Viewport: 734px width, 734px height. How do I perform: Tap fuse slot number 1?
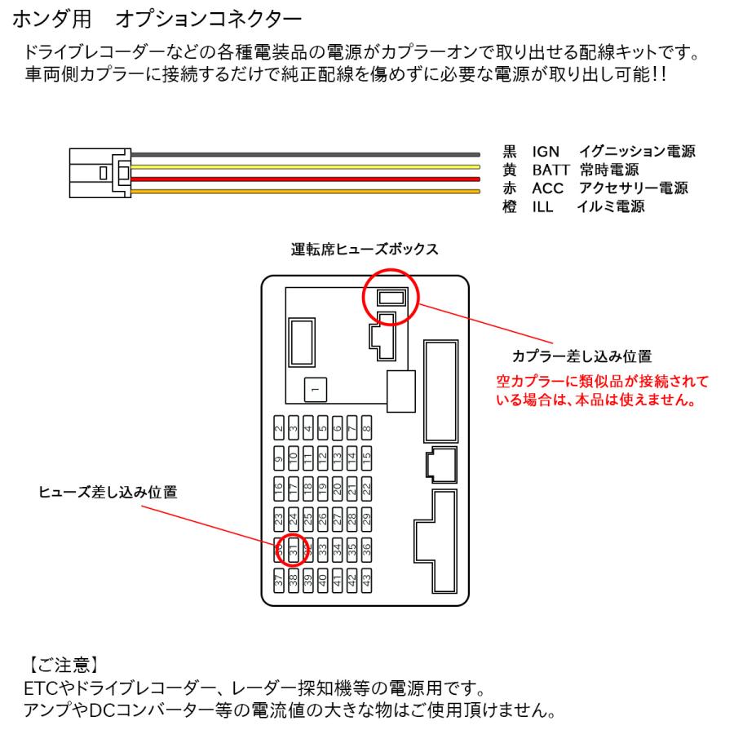[x=313, y=391]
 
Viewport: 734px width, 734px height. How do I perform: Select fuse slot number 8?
[x=367, y=427]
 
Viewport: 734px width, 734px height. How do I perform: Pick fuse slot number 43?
[x=367, y=581]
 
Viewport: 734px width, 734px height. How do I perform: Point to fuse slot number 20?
[x=338, y=489]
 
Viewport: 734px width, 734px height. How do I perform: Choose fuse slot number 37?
[x=278, y=581]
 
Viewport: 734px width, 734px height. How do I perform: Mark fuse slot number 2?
[x=278, y=427]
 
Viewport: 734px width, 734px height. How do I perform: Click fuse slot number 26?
[x=323, y=520]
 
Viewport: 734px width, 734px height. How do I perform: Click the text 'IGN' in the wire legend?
[x=545, y=152]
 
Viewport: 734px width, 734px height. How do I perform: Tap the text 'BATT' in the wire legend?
[x=551, y=170]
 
